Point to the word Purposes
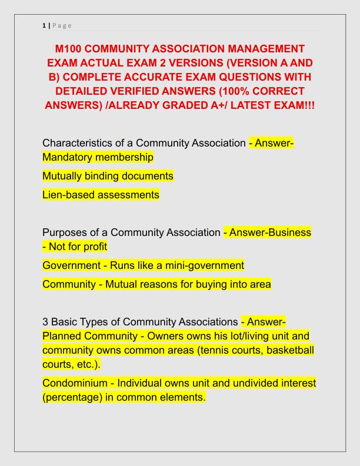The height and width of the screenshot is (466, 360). [x=65, y=232]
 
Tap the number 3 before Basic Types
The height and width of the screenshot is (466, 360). [x=45, y=322]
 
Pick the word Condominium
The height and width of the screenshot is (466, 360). [x=76, y=384]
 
